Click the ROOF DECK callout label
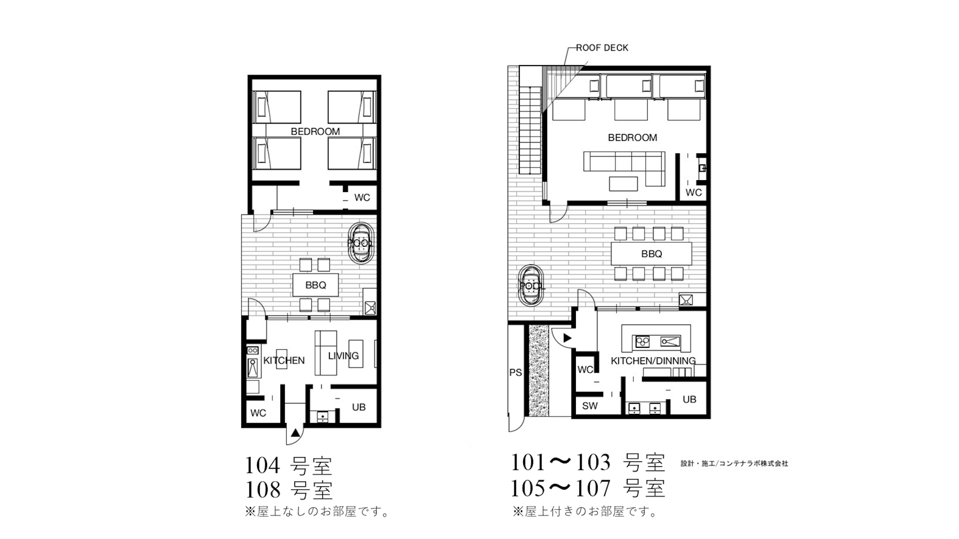point(602,47)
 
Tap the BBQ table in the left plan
point(316,285)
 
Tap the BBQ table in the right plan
point(651,253)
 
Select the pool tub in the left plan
point(360,242)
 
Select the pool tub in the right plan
point(531,286)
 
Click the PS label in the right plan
point(515,372)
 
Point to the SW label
point(590,406)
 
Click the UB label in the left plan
point(359,407)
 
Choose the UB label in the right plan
point(689,399)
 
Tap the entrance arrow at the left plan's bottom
point(295,433)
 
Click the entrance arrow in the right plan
point(567,338)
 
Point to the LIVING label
point(343,356)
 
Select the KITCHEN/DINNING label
point(653,361)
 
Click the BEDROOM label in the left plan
point(315,131)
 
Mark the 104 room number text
point(262,465)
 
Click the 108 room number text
point(263,490)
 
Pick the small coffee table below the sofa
point(623,184)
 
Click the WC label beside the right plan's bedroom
point(693,193)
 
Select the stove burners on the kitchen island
point(643,342)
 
